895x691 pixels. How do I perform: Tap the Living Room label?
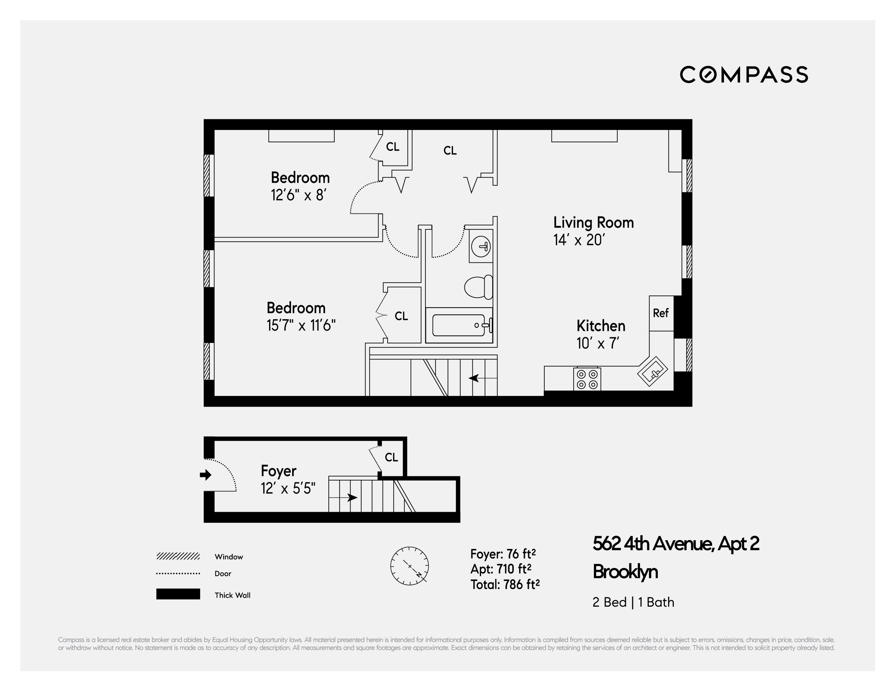click(x=593, y=223)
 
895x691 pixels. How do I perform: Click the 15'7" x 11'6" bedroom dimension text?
click(x=301, y=326)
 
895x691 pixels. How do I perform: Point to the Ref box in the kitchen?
click(x=661, y=313)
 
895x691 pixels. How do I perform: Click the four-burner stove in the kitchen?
click(x=587, y=379)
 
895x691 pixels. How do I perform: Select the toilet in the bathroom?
click(x=478, y=287)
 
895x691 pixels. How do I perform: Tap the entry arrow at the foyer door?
click(x=205, y=475)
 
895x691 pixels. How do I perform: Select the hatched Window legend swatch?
click(x=178, y=556)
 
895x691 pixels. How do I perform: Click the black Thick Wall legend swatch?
click(x=178, y=594)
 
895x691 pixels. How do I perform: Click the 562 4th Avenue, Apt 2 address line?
click(x=675, y=544)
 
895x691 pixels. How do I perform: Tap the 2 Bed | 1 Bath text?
click(x=633, y=602)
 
